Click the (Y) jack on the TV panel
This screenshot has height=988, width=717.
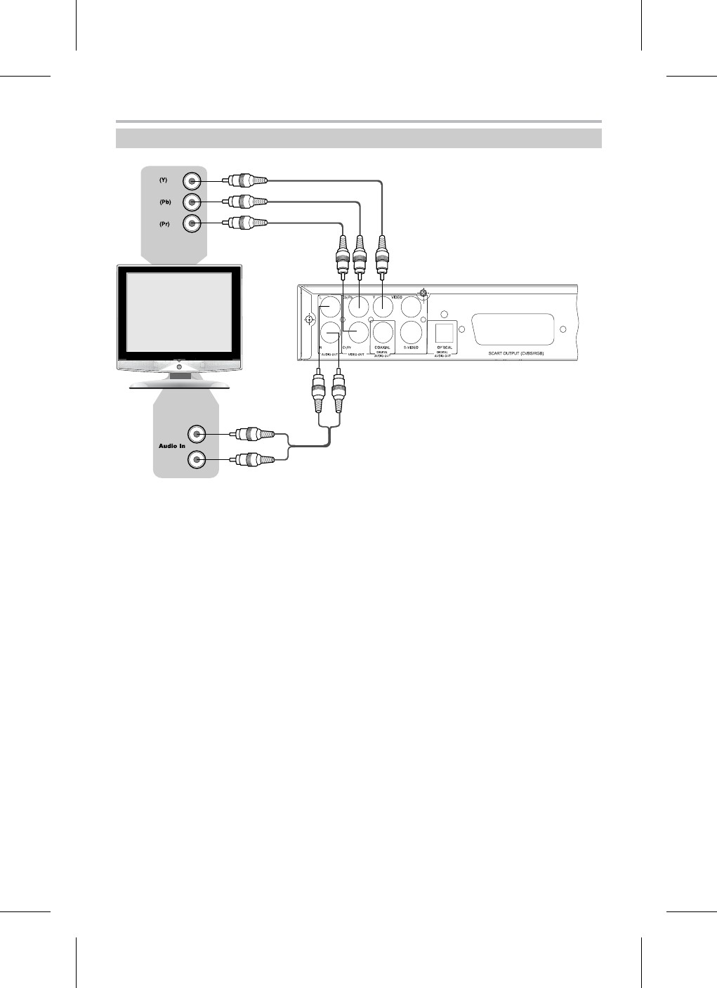pos(192,181)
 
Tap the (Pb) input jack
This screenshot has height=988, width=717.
pos(192,202)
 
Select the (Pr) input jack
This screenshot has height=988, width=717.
pos(192,223)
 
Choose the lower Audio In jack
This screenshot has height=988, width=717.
pos(197,460)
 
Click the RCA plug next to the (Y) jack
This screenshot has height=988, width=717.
pos(246,181)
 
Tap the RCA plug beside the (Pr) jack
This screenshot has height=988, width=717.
pos(246,223)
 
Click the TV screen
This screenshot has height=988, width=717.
pos(179,312)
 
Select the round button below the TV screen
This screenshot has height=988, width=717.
pos(179,367)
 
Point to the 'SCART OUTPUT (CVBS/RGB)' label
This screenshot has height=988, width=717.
pos(516,353)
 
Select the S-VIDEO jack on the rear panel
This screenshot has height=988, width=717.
pos(412,329)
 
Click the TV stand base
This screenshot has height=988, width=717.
pos(179,383)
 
